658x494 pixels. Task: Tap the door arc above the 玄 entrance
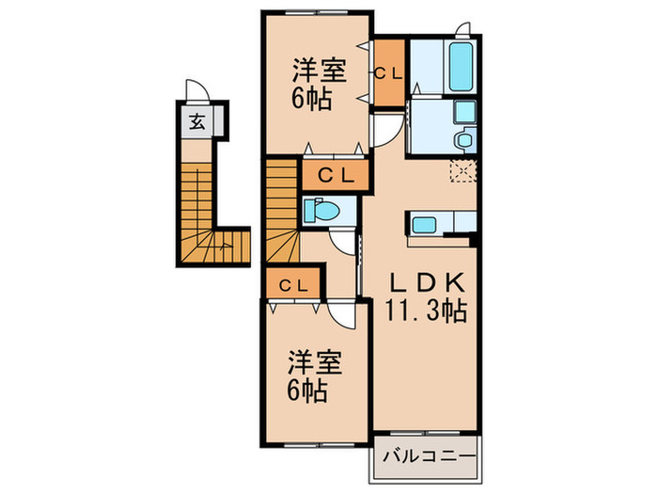[196, 92]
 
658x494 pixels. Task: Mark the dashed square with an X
[462, 171]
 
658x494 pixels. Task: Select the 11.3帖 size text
[425, 310]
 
